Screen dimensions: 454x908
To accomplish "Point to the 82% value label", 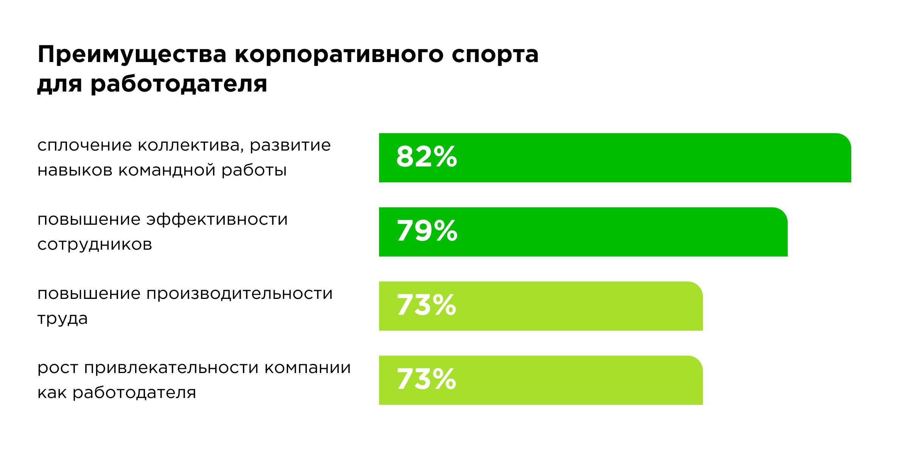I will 426,157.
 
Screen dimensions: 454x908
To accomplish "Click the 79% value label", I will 427,231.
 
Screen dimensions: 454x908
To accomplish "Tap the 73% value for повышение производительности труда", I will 426,305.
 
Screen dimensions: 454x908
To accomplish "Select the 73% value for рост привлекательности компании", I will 426,379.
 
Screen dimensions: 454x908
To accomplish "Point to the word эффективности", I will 217,220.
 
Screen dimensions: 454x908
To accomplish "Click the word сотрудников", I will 95,245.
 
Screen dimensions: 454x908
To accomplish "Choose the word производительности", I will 239,294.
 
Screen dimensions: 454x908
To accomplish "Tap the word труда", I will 62,319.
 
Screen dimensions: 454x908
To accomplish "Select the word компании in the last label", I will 308,368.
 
